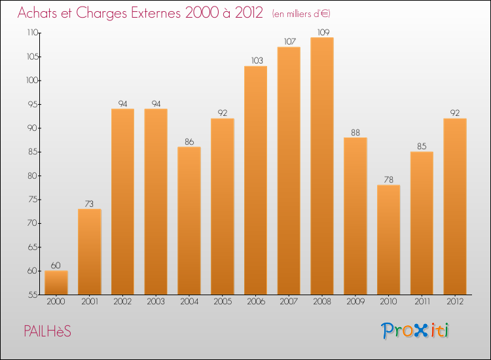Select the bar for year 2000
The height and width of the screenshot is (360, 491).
[56, 282]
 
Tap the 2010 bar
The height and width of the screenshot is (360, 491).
[388, 240]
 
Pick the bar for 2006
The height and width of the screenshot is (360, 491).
[255, 180]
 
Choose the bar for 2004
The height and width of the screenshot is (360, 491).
[189, 221]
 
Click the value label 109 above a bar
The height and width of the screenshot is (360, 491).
[322, 31]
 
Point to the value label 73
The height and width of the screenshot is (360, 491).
[90, 203]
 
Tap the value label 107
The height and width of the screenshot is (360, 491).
[289, 41]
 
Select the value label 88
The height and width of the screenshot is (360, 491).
[355, 132]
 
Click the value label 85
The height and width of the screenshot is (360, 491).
[422, 146]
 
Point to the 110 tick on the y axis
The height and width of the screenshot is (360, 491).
[32, 33]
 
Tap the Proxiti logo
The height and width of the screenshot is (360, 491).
[416, 331]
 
